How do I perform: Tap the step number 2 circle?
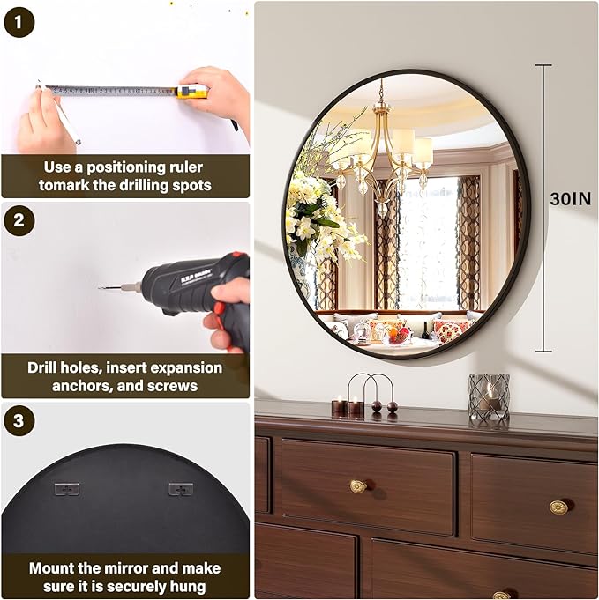pyautogui.click(x=19, y=221)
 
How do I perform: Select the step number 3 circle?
pyautogui.click(x=19, y=421)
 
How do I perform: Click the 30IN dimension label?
pyautogui.click(x=570, y=199)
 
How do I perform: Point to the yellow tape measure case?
pyautogui.click(x=191, y=91)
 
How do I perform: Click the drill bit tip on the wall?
pyautogui.click(x=102, y=286)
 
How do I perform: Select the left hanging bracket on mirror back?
pyautogui.click(x=66, y=488)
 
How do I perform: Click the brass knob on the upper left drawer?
pyautogui.click(x=357, y=485)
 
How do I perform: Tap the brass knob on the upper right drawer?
pyautogui.click(x=558, y=507)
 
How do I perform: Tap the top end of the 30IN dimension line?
pyautogui.click(x=543, y=66)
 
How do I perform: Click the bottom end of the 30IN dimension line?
pyautogui.click(x=543, y=352)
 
